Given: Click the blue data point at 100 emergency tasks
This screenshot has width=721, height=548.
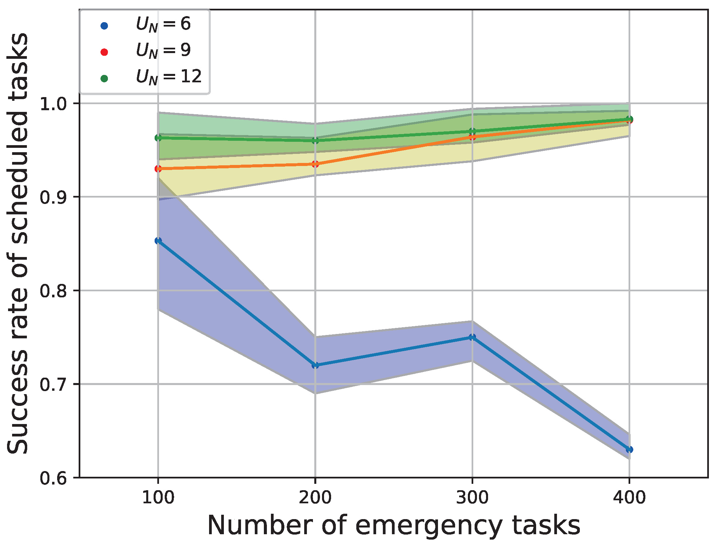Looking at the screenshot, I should click(158, 241).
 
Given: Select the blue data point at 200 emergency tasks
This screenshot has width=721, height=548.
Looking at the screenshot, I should click(315, 365).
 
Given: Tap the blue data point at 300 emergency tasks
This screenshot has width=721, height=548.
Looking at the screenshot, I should click(472, 337).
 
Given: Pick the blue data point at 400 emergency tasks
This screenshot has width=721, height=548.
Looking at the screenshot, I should click(629, 450).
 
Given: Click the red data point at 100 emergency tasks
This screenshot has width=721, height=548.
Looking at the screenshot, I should click(158, 169).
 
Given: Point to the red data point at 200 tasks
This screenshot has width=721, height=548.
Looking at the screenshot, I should click(315, 164).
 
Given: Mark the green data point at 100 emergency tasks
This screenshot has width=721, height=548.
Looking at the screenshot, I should click(158, 138).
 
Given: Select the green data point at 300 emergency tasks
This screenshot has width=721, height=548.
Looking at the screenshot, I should click(472, 131).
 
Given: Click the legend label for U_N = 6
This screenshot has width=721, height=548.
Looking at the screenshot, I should click(163, 25).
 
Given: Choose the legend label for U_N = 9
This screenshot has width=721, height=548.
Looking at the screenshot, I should click(163, 51).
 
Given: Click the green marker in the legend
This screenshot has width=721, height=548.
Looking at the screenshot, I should click(104, 79).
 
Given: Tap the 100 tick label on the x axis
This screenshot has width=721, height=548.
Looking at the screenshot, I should click(158, 498).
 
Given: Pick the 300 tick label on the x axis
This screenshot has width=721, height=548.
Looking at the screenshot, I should click(472, 498).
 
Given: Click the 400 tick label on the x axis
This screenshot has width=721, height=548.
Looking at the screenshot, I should click(629, 498).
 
